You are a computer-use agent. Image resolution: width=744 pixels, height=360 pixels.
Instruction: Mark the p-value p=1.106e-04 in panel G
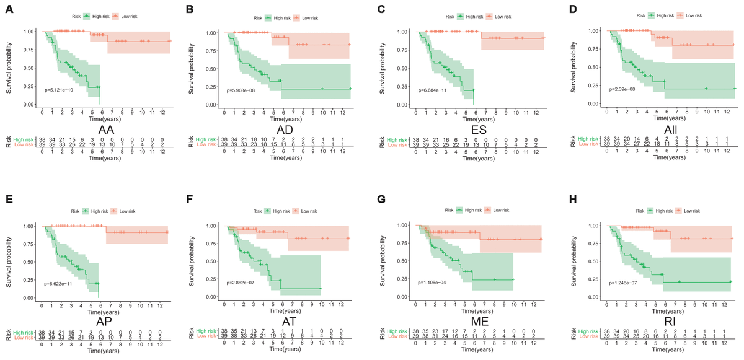coord(436,283)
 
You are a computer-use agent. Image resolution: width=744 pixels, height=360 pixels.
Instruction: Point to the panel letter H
coord(566,202)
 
